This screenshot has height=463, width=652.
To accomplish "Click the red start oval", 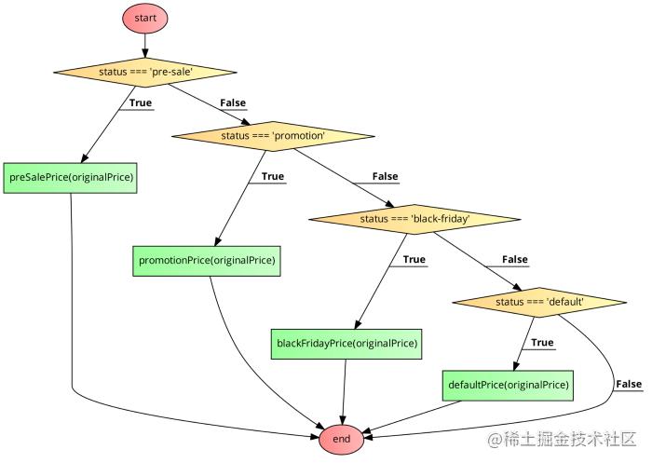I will click(x=144, y=18).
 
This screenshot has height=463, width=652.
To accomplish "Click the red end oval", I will click(x=342, y=438).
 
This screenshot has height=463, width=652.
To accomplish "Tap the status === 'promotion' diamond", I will click(x=272, y=136).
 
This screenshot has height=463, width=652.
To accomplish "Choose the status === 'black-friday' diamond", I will click(x=414, y=219).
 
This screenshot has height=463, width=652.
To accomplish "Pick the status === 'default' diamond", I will click(x=539, y=302).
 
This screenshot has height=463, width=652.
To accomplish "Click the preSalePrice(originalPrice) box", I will click(x=71, y=177).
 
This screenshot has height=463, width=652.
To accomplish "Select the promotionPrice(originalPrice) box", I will click(x=207, y=260).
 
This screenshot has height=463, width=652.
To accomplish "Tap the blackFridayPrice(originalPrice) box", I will click(x=346, y=343).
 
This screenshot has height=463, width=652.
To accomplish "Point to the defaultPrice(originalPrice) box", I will click(x=508, y=384).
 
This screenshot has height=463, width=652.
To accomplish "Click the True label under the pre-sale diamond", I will click(x=141, y=102).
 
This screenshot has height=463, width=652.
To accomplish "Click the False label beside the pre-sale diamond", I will click(x=233, y=102).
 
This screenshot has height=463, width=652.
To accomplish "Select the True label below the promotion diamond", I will click(x=272, y=176).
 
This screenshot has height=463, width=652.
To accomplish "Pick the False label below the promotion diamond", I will click(x=385, y=176).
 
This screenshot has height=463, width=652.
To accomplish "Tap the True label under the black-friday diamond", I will click(x=414, y=259).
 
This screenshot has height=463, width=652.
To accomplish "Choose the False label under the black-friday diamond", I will click(x=514, y=259).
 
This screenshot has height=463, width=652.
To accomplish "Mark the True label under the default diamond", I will click(x=542, y=342).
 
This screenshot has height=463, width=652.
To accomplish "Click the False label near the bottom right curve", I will click(x=629, y=384).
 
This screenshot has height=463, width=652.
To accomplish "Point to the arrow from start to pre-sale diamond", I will click(x=144, y=46).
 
